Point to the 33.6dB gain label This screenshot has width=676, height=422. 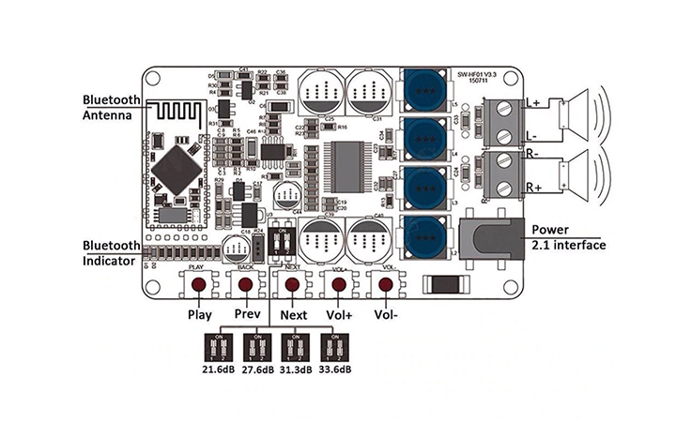pyautogui.click(x=334, y=369)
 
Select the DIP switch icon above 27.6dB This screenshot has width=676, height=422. pyautogui.click(x=255, y=346)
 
